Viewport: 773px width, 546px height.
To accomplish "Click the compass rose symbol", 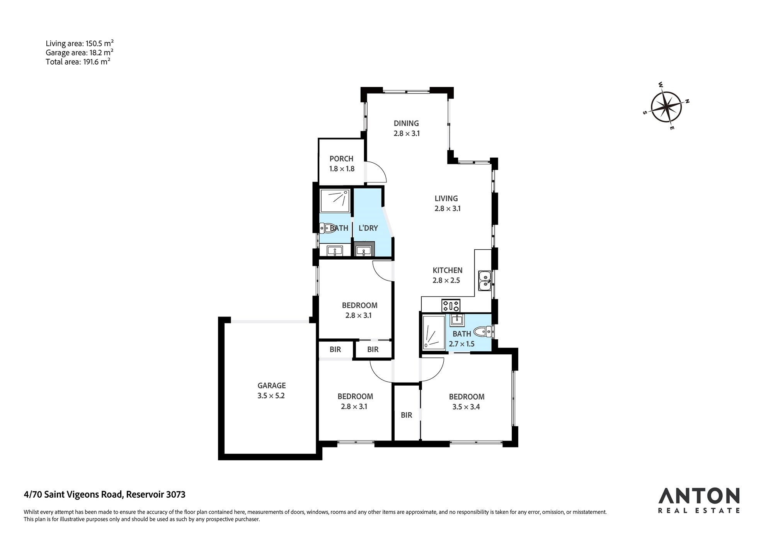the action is [666, 107].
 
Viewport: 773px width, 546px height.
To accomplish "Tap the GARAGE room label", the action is [272, 385].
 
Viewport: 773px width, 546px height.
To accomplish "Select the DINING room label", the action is [406, 123].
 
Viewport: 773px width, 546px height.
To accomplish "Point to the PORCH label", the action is [341, 158].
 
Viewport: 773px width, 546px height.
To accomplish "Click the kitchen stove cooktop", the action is [451, 305].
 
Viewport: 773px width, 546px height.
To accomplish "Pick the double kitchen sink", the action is [485, 281].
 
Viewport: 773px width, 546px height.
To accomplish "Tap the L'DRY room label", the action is [368, 228].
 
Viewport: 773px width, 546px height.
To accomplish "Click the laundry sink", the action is [364, 250].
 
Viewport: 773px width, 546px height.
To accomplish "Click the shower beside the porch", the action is [335, 201].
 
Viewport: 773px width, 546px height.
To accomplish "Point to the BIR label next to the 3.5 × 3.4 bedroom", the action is [406, 415].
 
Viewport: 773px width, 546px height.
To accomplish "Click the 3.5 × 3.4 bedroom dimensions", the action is [467, 407].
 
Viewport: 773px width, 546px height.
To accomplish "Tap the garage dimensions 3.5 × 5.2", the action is [271, 396].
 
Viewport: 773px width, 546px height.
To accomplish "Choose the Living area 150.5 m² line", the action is [80, 43].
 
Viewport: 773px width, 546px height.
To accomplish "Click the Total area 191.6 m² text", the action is [78, 61].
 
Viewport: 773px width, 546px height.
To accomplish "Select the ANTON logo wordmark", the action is [699, 496].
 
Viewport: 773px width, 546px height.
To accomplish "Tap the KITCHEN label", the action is [447, 270].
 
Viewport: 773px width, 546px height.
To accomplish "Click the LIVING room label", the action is [446, 198].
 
